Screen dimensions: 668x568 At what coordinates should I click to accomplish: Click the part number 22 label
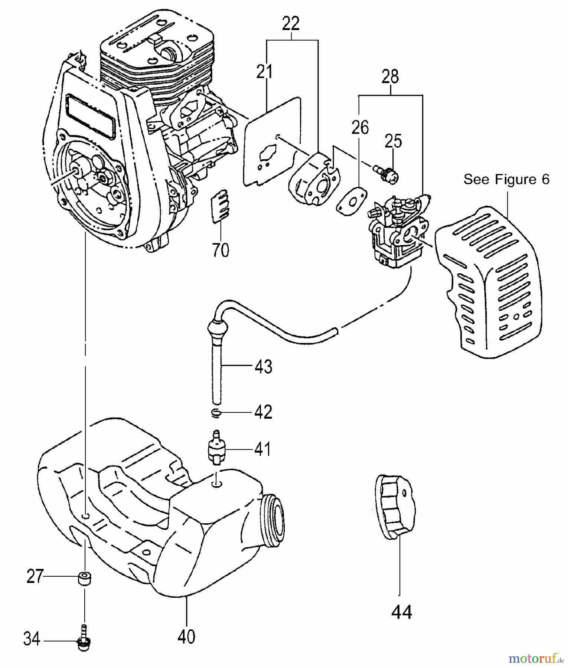pos(291,24)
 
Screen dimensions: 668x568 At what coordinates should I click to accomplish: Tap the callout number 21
pos(264,72)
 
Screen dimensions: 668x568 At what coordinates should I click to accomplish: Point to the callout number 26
pos(360,128)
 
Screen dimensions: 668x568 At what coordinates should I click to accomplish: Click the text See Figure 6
pos(506,179)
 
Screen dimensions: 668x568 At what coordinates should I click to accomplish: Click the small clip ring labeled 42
pos(216,412)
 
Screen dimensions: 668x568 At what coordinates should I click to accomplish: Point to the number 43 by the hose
pos(263,366)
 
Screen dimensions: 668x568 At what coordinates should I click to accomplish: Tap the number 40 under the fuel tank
pos(186,637)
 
